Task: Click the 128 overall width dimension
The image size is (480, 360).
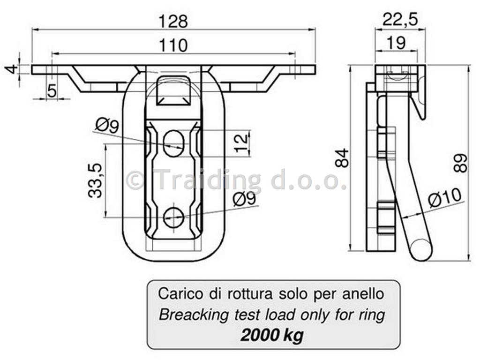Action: click(173, 22)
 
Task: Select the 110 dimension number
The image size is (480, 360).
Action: click(173, 45)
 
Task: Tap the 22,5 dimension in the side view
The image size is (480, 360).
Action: click(400, 20)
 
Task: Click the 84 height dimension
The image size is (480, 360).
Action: click(342, 158)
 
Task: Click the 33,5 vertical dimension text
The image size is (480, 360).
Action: click(95, 180)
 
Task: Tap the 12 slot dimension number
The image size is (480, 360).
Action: click(241, 143)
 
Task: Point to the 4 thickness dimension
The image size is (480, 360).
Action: click(12, 69)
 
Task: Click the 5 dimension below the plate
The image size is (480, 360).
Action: click(52, 91)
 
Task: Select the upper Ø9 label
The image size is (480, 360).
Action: click(107, 126)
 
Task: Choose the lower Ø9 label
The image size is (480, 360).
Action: click(244, 199)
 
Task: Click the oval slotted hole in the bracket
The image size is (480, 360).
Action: click(173, 143)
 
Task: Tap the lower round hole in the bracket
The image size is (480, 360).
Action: click(173, 217)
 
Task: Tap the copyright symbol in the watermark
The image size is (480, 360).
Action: click(135, 181)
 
